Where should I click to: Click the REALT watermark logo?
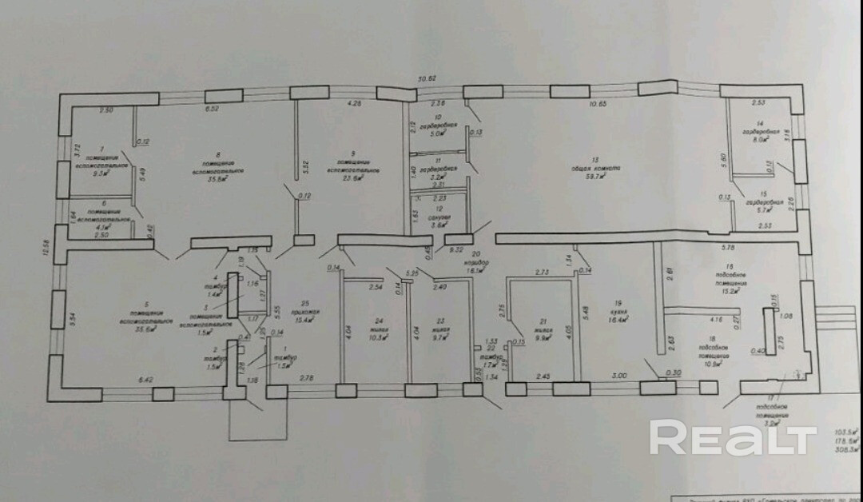(x=732, y=438)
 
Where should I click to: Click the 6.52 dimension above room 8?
(x=212, y=108)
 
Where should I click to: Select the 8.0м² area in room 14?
(x=759, y=139)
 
